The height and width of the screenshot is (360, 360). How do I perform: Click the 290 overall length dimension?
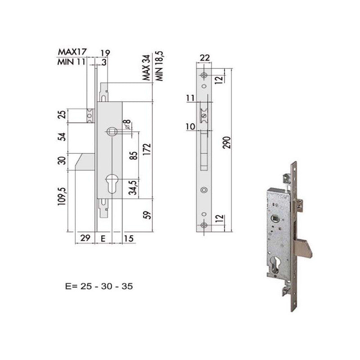pyautogui.click(x=227, y=142)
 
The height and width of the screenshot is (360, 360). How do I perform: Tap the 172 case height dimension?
pyautogui.click(x=147, y=149)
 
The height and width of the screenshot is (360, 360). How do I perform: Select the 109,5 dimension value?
pyautogui.click(x=63, y=196)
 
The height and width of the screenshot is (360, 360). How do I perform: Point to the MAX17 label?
pyautogui.click(x=72, y=52)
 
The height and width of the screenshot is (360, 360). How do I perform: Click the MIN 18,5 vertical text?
pyautogui.click(x=160, y=66)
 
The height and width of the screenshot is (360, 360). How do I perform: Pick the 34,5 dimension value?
pyautogui.click(x=133, y=188)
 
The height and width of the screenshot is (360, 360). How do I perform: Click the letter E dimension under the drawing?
pyautogui.click(x=103, y=239)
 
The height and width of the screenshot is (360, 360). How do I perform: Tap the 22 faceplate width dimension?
pyautogui.click(x=204, y=58)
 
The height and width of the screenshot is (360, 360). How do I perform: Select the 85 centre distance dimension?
pyautogui.click(x=134, y=155)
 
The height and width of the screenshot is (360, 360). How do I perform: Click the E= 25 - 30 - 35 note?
pyautogui.click(x=99, y=286)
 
